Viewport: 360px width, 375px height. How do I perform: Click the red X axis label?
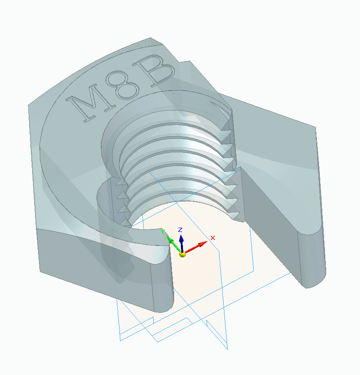(213, 238)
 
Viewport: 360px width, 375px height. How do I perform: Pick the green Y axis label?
(162, 231)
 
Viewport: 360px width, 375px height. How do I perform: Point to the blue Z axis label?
(180, 229)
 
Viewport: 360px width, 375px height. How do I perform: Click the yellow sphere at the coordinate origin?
(183, 254)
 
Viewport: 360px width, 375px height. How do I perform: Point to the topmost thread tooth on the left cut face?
(120, 182)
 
